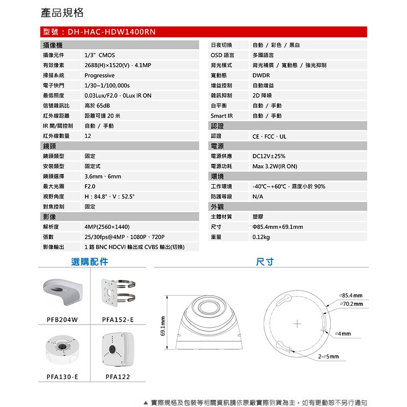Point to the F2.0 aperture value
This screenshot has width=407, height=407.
point(90,186)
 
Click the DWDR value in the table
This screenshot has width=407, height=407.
point(261,75)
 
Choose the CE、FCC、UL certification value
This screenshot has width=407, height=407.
point(270,136)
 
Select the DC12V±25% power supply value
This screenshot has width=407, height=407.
point(269,156)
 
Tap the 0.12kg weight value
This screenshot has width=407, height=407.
point(261,237)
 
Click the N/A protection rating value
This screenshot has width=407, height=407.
point(258,196)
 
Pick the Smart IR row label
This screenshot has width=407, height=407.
point(222,116)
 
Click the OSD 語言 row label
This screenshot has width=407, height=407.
point(222,55)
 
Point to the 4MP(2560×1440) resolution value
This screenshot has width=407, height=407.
point(107,227)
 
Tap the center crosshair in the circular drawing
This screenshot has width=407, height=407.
point(298,325)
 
